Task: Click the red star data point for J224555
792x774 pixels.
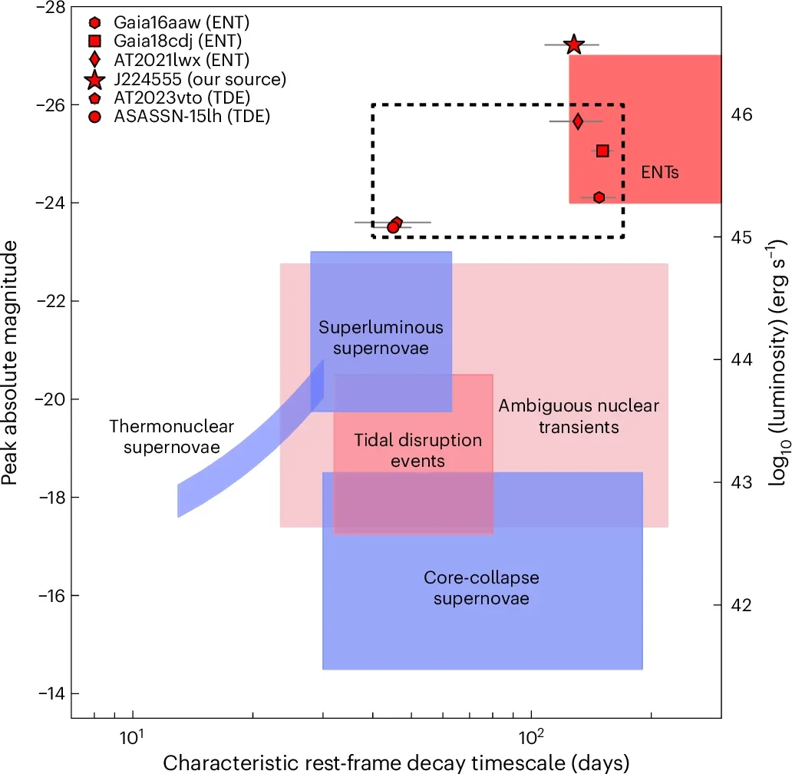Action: (x=573, y=45)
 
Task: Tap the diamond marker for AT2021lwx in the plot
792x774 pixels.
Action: (x=578, y=121)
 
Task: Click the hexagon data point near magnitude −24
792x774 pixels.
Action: (x=599, y=197)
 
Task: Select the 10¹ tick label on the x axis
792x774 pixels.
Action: (x=132, y=739)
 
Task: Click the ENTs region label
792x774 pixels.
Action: (x=660, y=174)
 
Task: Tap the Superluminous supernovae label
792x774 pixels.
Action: (x=381, y=338)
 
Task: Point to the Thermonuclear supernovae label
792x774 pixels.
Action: (x=171, y=436)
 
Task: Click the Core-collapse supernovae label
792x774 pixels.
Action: (x=481, y=587)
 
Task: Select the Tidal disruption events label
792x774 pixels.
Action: (x=417, y=450)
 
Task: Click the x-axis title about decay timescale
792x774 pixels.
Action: (x=396, y=762)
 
